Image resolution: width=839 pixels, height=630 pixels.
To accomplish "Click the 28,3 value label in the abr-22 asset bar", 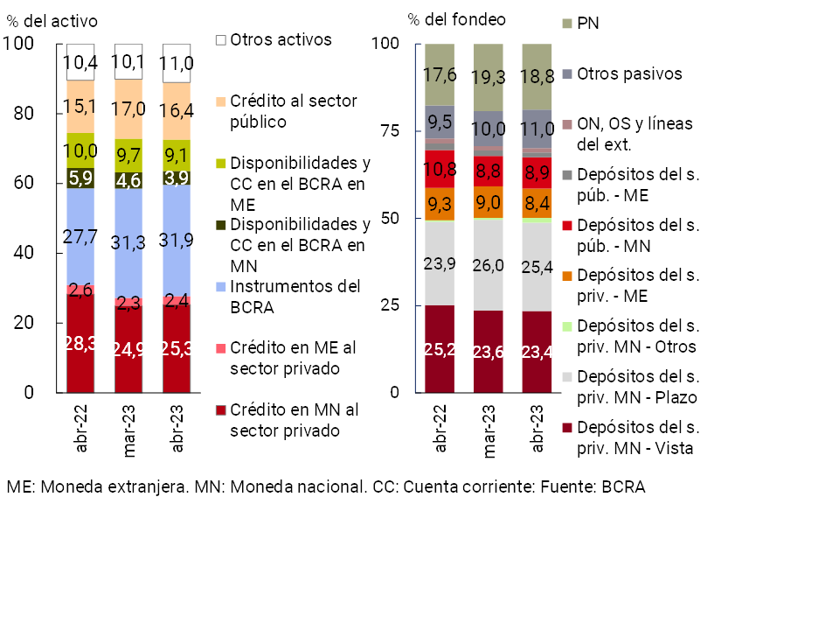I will coord(80,342).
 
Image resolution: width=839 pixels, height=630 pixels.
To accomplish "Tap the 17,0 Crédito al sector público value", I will coord(128,108).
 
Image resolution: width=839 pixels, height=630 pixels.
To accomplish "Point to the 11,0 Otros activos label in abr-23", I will coord(177,63).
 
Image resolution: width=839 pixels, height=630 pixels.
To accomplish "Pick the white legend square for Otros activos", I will coord(220,40).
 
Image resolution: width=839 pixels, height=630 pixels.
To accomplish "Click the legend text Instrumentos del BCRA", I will coord(295,297).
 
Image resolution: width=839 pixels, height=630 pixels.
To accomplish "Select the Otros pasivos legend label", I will coord(629,73).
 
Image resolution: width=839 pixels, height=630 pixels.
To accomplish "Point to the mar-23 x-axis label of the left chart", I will coord(128,428).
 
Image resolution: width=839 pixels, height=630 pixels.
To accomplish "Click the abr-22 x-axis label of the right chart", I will coord(440,428).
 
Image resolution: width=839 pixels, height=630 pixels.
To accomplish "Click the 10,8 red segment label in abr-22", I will coord(440,169).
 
